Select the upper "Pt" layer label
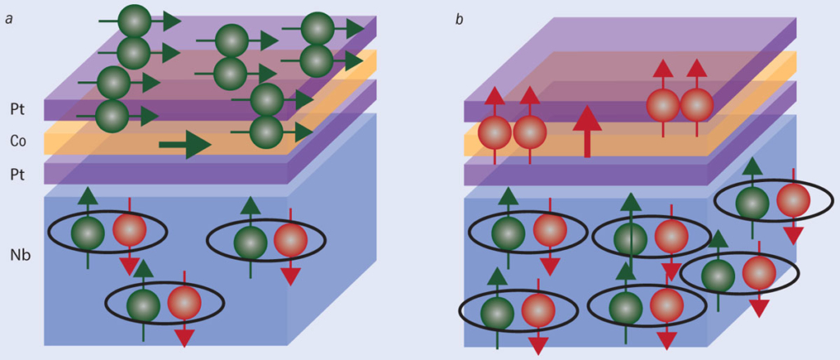pos(17,108)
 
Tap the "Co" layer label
pos(17,140)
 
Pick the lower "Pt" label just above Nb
pos(17,173)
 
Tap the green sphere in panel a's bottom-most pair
pos(143,304)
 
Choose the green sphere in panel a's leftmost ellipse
pos(87,233)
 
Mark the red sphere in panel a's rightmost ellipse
pos(290,241)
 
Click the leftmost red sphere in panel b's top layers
pos(495,131)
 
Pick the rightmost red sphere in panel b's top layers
pos(696,105)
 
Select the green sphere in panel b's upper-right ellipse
pos(752,203)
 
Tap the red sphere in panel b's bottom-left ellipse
pos(537,311)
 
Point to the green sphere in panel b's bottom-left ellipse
pos(496,312)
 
